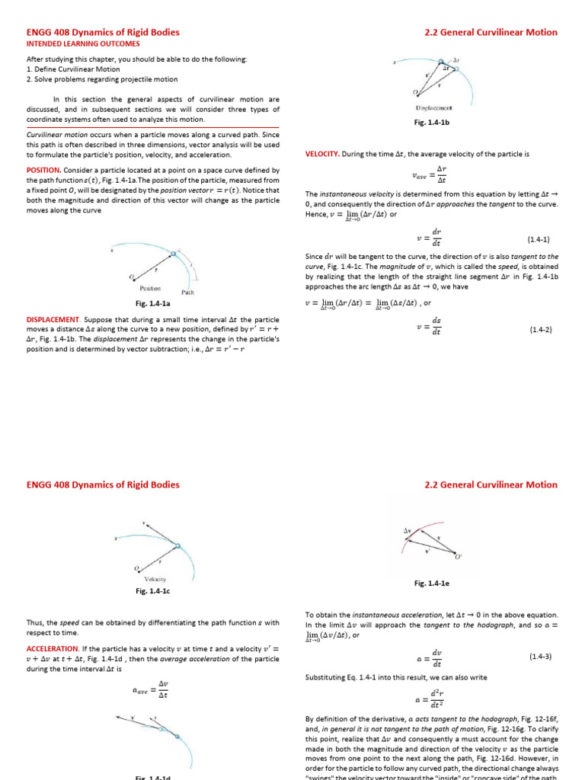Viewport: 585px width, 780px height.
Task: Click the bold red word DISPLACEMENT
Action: [53, 319]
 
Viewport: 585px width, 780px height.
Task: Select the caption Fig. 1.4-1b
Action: [431, 122]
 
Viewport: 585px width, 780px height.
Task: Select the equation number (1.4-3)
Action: [540, 656]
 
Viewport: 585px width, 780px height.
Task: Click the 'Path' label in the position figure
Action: [188, 292]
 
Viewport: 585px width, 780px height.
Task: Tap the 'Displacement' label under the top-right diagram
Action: [431, 109]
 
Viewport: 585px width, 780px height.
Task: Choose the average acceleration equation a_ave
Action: [153, 690]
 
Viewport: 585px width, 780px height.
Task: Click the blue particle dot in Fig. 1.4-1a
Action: [174, 254]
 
